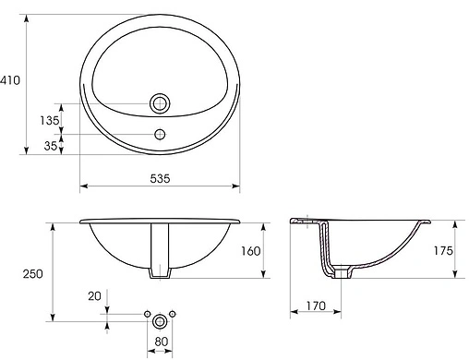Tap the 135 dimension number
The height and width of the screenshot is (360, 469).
click(50, 120)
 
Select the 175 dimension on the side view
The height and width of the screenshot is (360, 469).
click(444, 249)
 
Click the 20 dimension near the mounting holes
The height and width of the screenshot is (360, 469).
click(95, 297)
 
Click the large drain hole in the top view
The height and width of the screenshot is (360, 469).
click(161, 103)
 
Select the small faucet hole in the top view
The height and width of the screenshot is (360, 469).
click(161, 135)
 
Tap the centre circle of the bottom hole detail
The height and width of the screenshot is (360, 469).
click(161, 318)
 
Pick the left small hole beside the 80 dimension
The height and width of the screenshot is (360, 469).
click(148, 316)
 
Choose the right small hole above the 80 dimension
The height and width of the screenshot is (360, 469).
click(174, 316)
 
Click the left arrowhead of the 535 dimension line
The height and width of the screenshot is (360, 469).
click(84, 186)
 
